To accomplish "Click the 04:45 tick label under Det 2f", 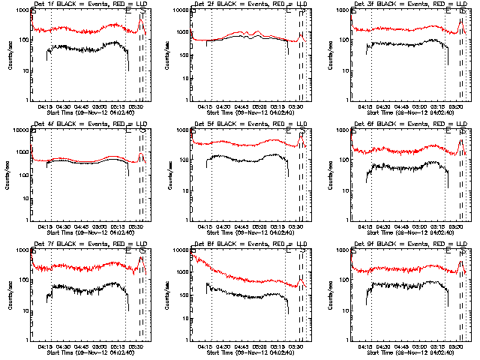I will click(x=241, y=106).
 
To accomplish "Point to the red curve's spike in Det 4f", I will click(x=140, y=155).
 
